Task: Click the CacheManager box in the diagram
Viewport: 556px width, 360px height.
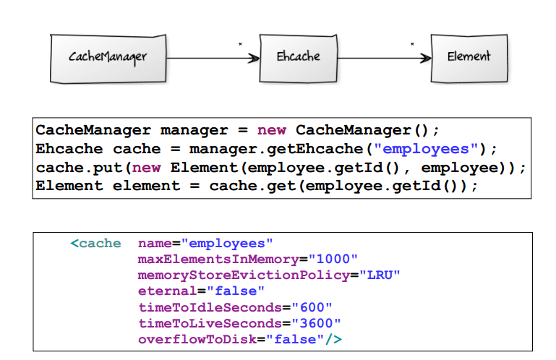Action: (108, 57)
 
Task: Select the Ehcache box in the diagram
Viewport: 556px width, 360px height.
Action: (298, 57)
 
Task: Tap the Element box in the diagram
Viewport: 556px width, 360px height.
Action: (469, 57)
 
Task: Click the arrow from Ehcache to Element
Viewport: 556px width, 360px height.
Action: (384, 58)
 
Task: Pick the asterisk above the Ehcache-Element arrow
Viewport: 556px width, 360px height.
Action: (412, 46)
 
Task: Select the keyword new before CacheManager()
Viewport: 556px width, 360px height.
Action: (271, 131)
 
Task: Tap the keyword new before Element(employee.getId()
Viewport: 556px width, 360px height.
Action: (147, 168)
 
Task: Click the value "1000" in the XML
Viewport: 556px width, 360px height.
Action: (334, 260)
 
